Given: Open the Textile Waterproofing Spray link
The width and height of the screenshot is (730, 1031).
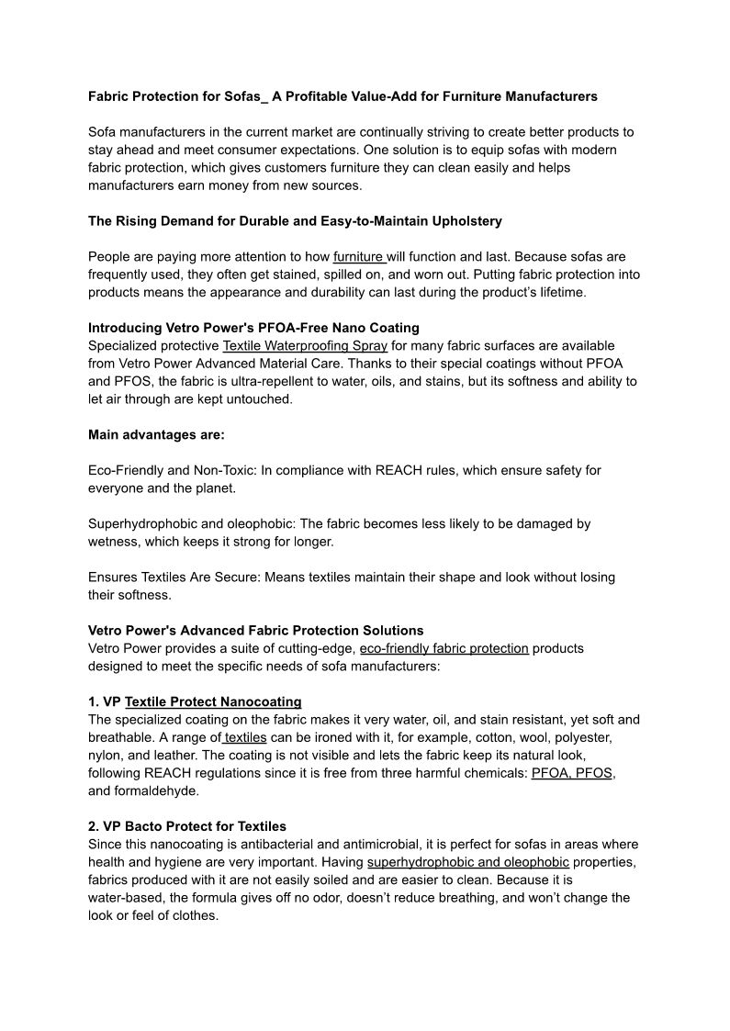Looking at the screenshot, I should [306, 346].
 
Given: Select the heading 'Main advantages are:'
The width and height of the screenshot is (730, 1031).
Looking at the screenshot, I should [156, 434].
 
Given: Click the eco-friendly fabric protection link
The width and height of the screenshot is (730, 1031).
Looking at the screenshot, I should [444, 648].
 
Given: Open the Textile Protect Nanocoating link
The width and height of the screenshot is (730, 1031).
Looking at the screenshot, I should [213, 701].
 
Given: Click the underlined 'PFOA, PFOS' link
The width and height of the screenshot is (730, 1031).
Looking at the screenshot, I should [572, 773].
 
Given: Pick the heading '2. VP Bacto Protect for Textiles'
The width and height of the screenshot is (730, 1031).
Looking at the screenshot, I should [187, 826].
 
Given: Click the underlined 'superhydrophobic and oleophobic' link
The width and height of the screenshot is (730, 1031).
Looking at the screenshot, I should [467, 862].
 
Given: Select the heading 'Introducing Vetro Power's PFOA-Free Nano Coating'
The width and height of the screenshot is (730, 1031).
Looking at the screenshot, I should [253, 328].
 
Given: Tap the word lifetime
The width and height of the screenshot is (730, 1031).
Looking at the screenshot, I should [556, 292].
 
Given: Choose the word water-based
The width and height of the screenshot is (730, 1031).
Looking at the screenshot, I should [128, 898].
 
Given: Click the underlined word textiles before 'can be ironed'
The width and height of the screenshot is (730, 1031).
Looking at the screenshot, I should [245, 737].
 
